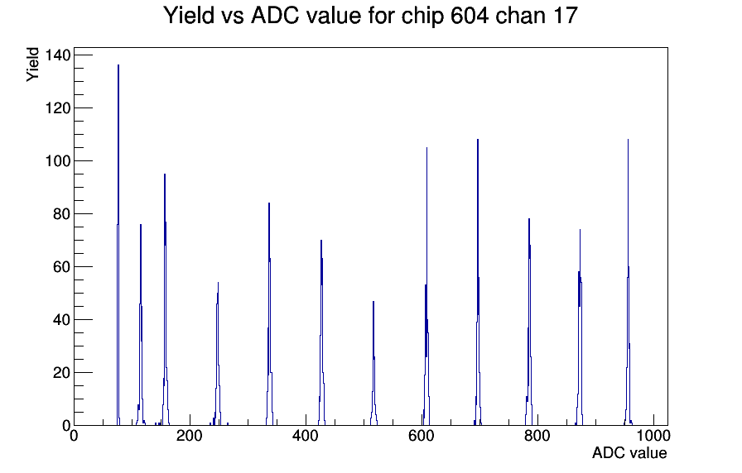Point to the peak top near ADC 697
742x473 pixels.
click(x=478, y=140)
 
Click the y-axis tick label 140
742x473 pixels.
click(x=58, y=55)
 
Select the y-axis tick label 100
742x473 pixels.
click(x=58, y=161)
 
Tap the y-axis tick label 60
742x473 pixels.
click(x=62, y=267)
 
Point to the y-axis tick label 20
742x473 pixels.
click(x=62, y=373)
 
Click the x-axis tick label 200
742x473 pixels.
click(x=190, y=436)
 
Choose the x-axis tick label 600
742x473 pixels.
click(x=422, y=436)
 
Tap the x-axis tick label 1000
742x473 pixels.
click(x=653, y=436)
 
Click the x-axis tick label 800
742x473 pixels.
click(x=537, y=436)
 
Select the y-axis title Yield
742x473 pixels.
click(x=32, y=64)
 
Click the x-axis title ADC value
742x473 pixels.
click(x=629, y=453)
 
